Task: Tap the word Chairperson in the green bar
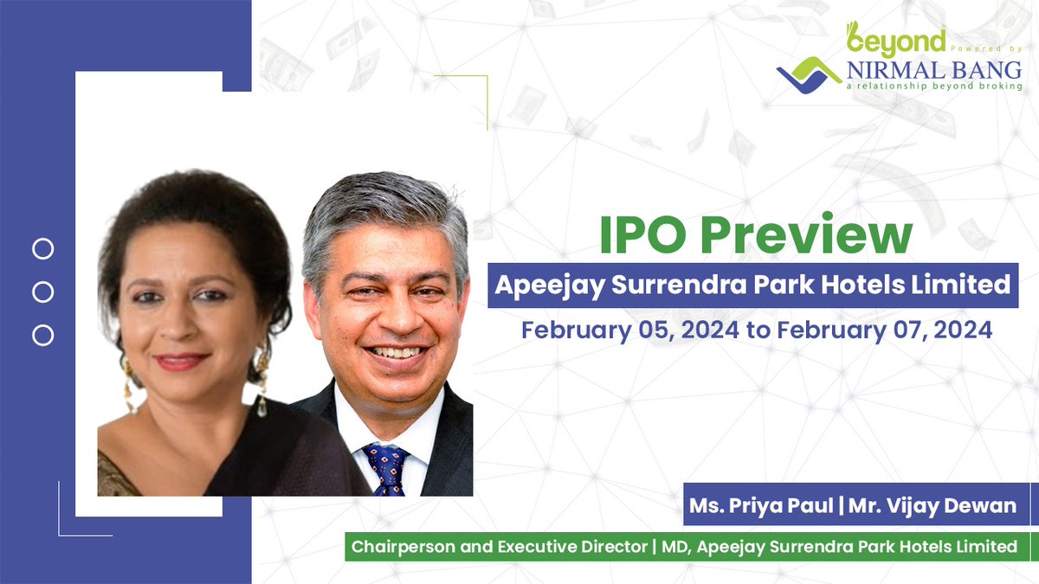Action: pyautogui.click(x=403, y=547)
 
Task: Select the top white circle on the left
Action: pyautogui.click(x=42, y=250)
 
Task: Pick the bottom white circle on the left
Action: pyautogui.click(x=42, y=335)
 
